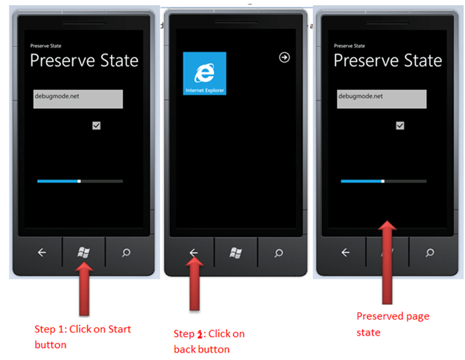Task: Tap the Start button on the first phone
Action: click(83, 253)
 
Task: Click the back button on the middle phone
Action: click(193, 253)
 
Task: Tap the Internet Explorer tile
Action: click(205, 73)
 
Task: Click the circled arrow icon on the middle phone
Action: click(285, 57)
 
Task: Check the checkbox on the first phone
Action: click(96, 125)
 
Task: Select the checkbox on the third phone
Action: click(400, 125)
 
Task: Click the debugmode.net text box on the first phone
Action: click(78, 99)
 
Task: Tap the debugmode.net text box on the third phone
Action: click(382, 99)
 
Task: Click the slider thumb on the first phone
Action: click(79, 181)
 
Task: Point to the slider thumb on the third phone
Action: click(383, 181)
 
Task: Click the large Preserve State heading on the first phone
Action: click(84, 60)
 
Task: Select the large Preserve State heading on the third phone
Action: click(388, 60)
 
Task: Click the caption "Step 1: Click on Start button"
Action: click(83, 337)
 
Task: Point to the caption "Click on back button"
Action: click(209, 341)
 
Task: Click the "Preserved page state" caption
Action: click(393, 324)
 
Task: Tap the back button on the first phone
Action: click(42, 253)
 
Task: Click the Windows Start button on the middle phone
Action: click(235, 253)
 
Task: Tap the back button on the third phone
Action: click(346, 253)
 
